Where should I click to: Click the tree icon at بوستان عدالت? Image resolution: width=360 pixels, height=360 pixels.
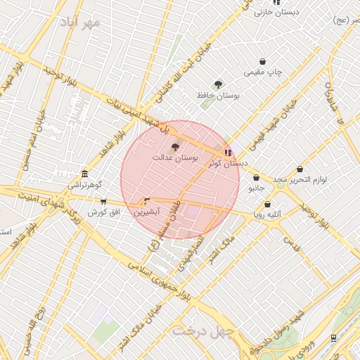click(x=175, y=147)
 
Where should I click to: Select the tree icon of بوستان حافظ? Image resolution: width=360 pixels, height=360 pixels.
click(x=218, y=84)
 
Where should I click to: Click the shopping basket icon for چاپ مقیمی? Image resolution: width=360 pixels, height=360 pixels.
click(x=262, y=61)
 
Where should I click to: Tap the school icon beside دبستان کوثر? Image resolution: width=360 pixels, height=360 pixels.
click(x=227, y=152)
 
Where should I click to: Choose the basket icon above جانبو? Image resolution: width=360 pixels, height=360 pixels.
click(x=255, y=178)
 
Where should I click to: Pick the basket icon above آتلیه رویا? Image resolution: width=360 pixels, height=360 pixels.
click(x=267, y=204)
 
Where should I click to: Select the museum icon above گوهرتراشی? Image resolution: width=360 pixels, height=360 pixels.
click(x=84, y=174)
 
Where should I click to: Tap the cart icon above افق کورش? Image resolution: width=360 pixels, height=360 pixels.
click(x=104, y=202)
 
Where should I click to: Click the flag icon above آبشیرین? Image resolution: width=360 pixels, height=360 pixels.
click(x=147, y=201)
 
